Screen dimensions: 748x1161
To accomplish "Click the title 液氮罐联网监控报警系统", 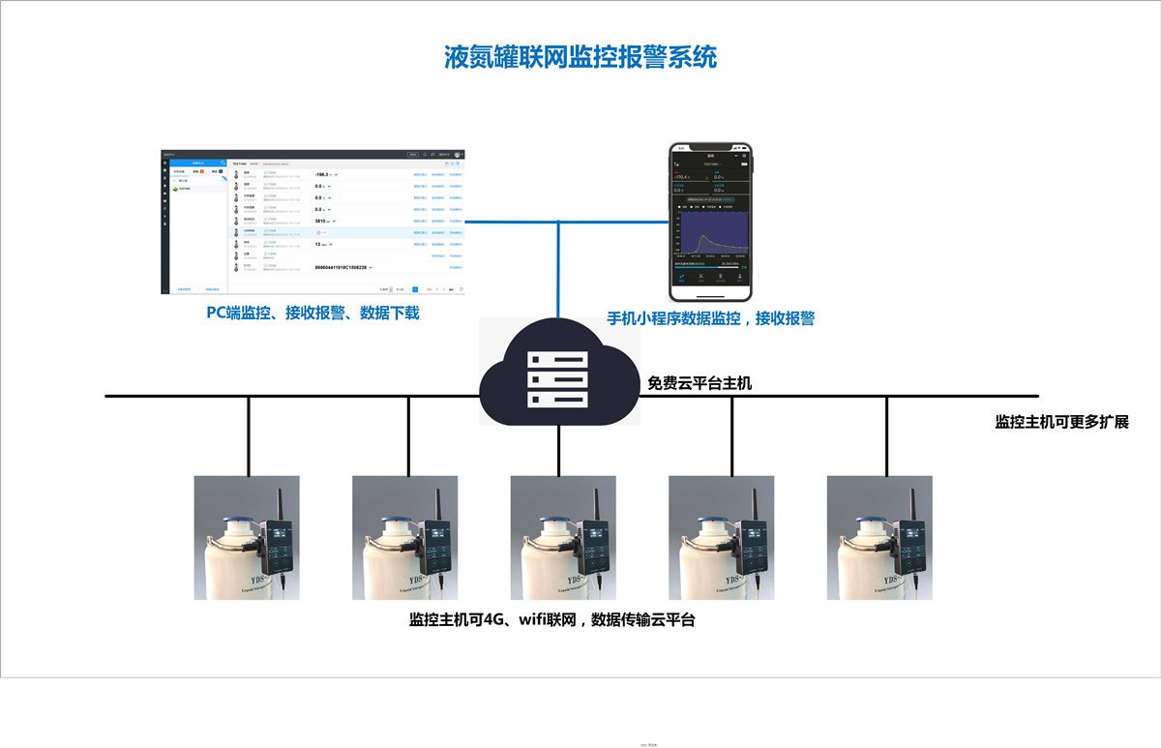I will [580, 57].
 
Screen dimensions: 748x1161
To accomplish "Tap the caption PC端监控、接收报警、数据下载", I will [313, 313].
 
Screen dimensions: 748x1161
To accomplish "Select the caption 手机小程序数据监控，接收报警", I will [710, 317].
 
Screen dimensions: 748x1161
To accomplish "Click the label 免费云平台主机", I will [700, 384].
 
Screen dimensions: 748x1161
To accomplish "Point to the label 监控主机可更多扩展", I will [1062, 422].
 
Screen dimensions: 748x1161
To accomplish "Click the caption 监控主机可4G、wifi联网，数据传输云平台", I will [552, 620].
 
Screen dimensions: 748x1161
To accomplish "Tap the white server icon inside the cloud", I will [557, 377].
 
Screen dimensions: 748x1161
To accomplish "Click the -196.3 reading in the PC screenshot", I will [322, 175].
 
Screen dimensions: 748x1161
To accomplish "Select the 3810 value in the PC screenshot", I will [322, 221].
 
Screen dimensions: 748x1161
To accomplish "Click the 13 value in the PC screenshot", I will [319, 244].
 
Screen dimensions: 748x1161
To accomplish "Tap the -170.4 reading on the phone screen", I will [682, 177].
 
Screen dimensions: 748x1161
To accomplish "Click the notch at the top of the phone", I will [711, 147].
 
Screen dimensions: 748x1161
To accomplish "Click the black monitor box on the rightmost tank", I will [909, 547].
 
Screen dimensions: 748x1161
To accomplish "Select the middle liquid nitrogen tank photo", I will [563, 537].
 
